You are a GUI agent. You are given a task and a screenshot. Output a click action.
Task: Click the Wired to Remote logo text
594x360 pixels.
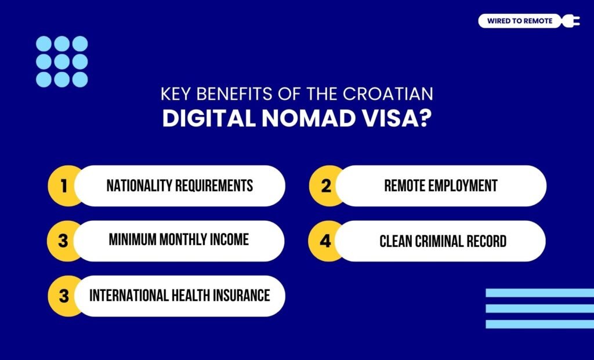pyautogui.click(x=520, y=21)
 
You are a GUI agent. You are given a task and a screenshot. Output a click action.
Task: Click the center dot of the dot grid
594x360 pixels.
pyautogui.click(x=62, y=61)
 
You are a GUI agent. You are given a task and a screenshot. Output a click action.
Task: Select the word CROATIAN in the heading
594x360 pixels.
pyautogui.click(x=399, y=94)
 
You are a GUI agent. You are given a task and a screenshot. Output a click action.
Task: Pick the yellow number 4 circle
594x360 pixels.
pyautogui.click(x=325, y=241)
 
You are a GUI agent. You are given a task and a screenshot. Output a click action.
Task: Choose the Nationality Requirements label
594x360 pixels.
pyautogui.click(x=180, y=186)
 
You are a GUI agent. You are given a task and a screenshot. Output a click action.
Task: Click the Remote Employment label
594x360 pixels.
pyautogui.click(x=441, y=186)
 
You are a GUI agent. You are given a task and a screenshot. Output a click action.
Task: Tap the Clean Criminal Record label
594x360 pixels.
pyautogui.click(x=443, y=241)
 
